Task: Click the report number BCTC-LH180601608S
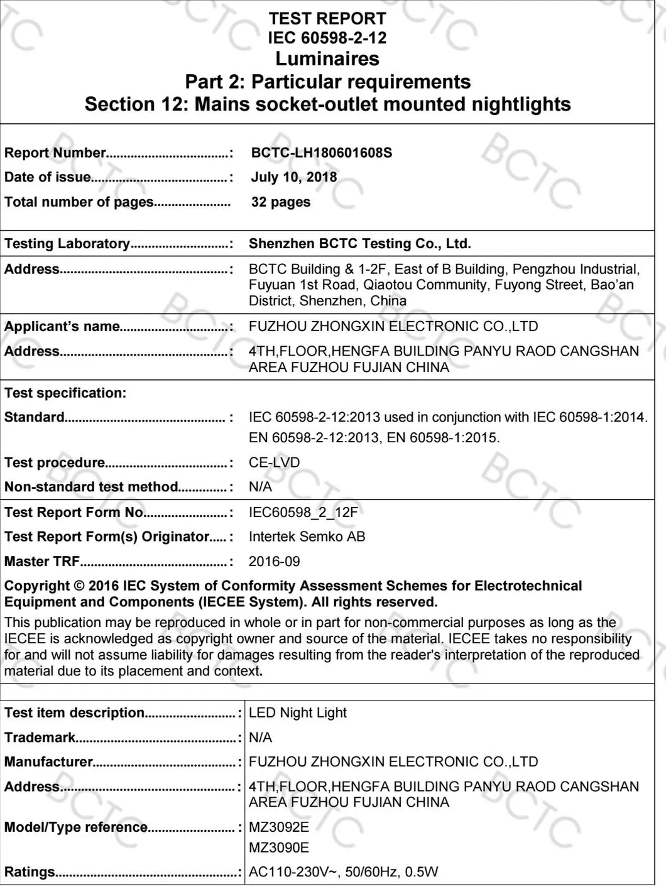[x=321, y=153]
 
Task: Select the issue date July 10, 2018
[x=293, y=177]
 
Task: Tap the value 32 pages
[x=280, y=202]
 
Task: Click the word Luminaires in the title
[x=327, y=59]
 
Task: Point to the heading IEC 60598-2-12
[x=327, y=38]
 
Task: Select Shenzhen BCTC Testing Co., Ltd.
[x=359, y=244]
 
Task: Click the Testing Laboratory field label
[x=67, y=244]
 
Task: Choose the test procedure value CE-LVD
[x=274, y=462]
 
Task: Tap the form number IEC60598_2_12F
[x=303, y=513]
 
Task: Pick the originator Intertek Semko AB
[x=307, y=537]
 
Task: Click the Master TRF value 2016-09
[x=274, y=562]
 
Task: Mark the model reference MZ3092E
[x=278, y=827]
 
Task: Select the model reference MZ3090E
[x=278, y=848]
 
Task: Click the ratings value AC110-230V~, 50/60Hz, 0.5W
[x=343, y=872]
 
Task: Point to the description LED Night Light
[x=297, y=713]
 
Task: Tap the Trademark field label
[x=40, y=738]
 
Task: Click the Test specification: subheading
[x=65, y=393]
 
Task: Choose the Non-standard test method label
[x=92, y=487]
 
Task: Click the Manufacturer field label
[x=49, y=762]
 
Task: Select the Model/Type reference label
[x=76, y=827]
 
